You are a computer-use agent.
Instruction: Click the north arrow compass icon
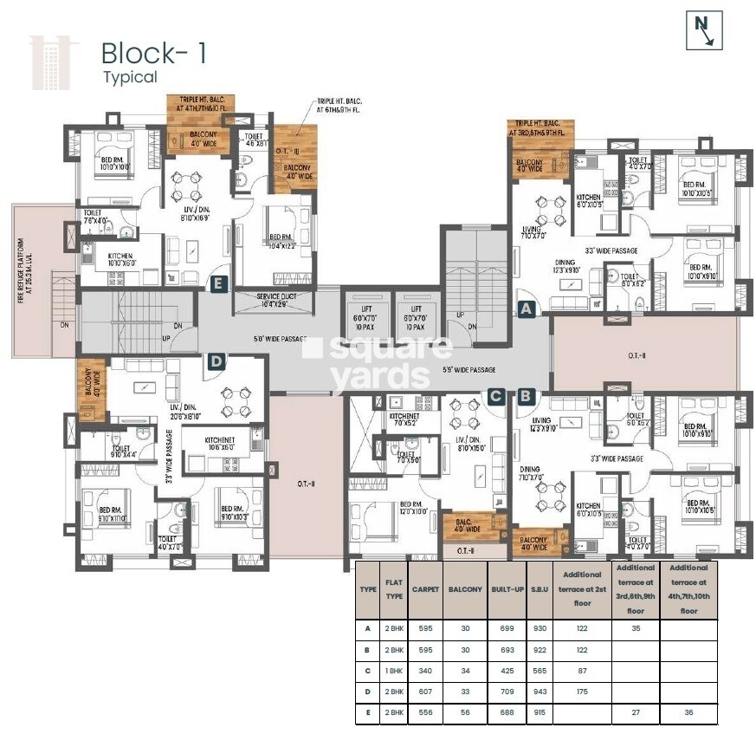click(x=704, y=30)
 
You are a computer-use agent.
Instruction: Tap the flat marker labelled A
click(x=525, y=307)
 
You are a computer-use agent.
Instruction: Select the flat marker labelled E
click(x=217, y=282)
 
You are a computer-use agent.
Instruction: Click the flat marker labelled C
click(x=495, y=396)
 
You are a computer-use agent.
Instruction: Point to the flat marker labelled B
click(x=525, y=396)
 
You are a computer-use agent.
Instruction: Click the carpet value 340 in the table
click(x=424, y=669)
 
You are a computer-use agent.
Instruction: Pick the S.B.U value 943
click(x=538, y=691)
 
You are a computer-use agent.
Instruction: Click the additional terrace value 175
click(x=581, y=691)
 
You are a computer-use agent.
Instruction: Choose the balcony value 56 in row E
click(x=464, y=712)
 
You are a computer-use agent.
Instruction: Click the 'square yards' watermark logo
click(x=378, y=362)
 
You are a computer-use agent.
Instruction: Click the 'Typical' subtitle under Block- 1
click(x=130, y=76)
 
